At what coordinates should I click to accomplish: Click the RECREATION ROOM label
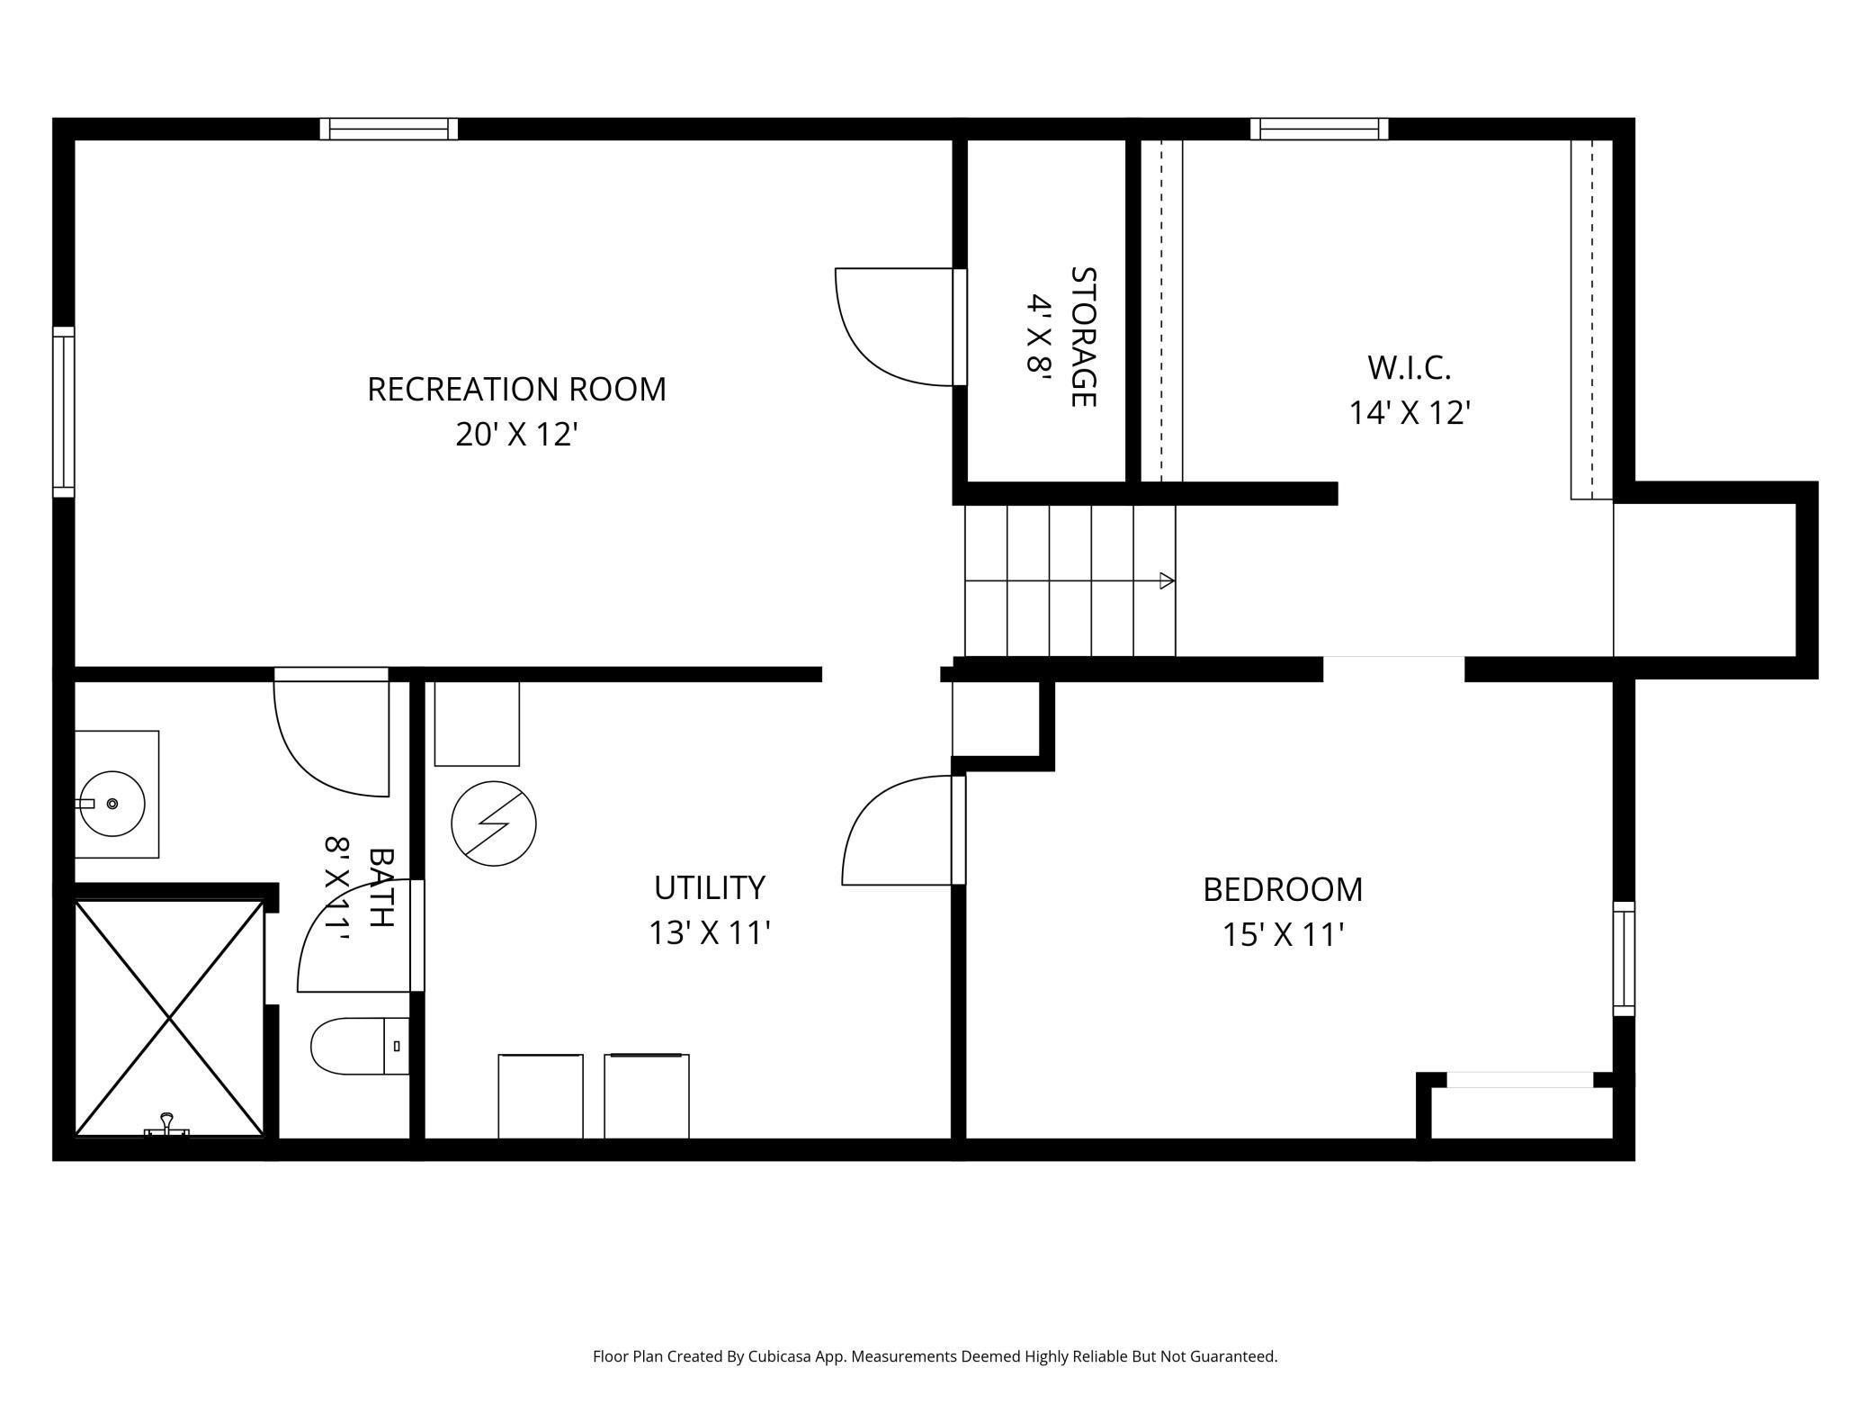click(x=516, y=390)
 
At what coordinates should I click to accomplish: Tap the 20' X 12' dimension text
click(x=516, y=435)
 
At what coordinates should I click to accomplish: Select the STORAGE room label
click(x=1083, y=337)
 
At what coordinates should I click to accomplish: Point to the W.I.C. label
click(x=1409, y=367)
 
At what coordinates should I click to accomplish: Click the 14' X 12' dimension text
click(x=1409, y=413)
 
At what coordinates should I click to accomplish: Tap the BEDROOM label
click(x=1283, y=889)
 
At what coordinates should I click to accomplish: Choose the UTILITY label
click(x=709, y=887)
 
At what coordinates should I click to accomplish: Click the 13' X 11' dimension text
click(x=709, y=933)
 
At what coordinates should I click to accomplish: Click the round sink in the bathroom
click(x=112, y=803)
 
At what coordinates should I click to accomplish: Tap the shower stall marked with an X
click(x=169, y=1017)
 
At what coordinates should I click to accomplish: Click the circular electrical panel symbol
click(x=493, y=823)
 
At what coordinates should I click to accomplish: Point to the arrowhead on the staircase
click(x=1167, y=580)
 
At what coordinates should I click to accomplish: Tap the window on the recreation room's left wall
click(x=63, y=411)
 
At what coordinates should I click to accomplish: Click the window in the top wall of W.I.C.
click(x=1319, y=129)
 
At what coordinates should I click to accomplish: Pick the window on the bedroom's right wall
click(x=1623, y=958)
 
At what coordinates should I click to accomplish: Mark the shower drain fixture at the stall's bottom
click(x=167, y=1125)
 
